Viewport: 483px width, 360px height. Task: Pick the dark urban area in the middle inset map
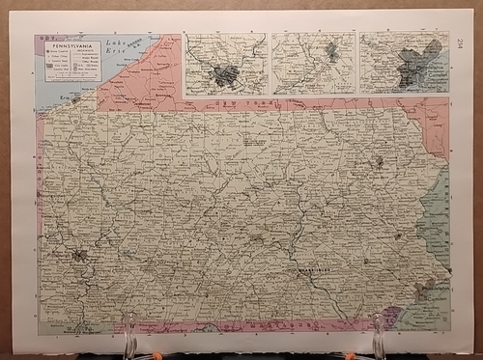[x=331, y=53]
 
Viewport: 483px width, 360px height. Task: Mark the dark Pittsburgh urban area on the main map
[x=79, y=257]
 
